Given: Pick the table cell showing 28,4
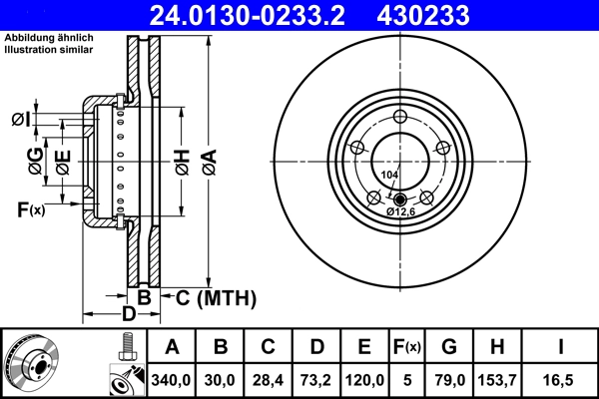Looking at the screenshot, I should (x=269, y=378).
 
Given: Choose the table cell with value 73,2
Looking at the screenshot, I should (x=316, y=378).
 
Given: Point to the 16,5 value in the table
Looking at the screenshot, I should (x=559, y=378).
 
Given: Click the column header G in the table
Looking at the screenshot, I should (x=448, y=347).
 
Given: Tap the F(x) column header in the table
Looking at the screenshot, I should (x=406, y=347).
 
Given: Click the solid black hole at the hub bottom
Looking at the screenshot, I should (x=400, y=197).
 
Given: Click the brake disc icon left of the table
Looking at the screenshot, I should (x=31, y=364).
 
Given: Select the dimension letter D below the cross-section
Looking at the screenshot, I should (x=127, y=315).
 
